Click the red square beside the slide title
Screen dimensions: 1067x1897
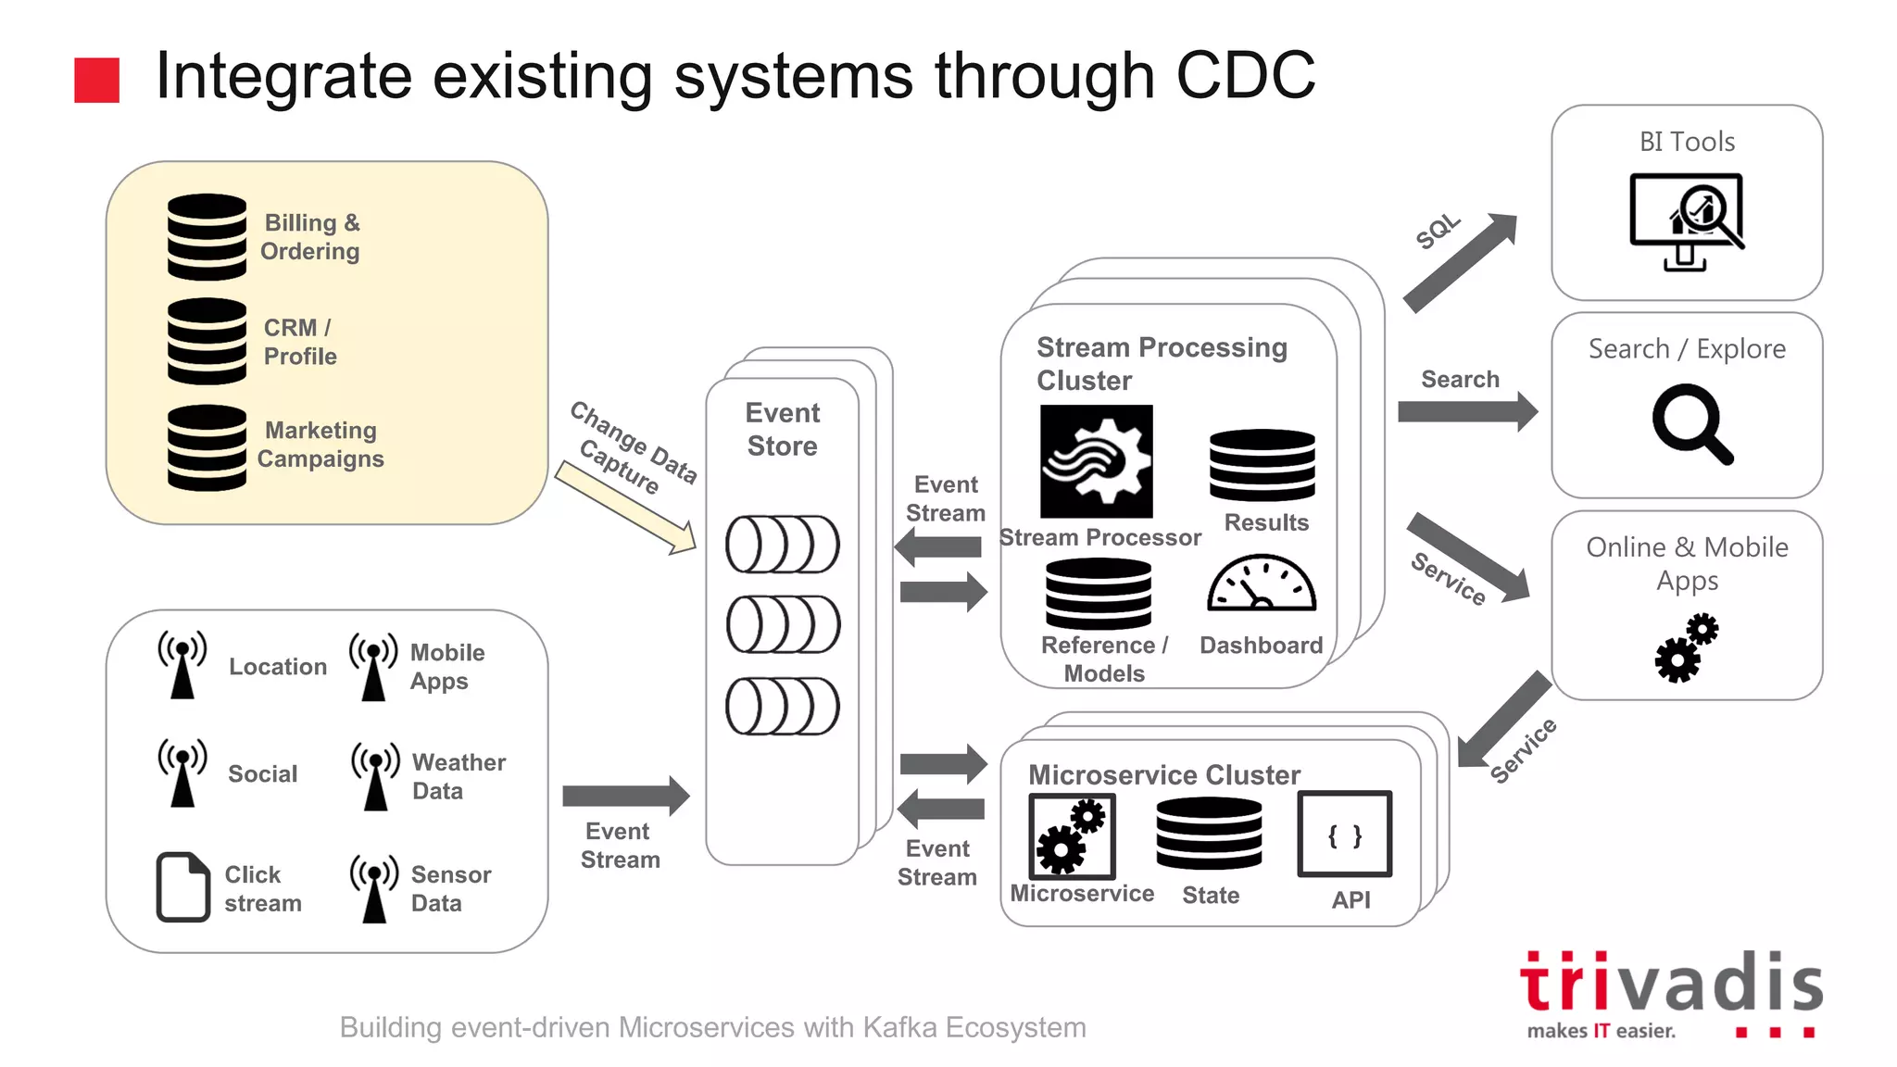tap(96, 80)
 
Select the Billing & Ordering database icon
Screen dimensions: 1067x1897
tap(207, 237)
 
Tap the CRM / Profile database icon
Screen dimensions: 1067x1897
tap(207, 341)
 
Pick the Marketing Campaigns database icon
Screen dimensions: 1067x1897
tap(207, 447)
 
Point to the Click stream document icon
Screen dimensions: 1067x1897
tap(182, 886)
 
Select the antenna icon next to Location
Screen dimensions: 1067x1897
tap(182, 665)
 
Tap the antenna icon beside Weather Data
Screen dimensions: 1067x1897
tap(375, 776)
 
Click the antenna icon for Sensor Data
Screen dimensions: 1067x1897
tap(374, 888)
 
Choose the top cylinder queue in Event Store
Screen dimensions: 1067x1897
tap(783, 545)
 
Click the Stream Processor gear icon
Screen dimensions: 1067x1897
tap(1096, 461)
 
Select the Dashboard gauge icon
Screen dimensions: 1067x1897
tap(1261, 584)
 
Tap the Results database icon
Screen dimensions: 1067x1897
tap(1262, 466)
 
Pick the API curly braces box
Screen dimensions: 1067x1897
tap(1344, 835)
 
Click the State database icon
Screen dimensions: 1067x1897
tap(1209, 834)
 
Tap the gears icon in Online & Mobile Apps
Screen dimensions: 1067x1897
tap(1686, 648)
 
